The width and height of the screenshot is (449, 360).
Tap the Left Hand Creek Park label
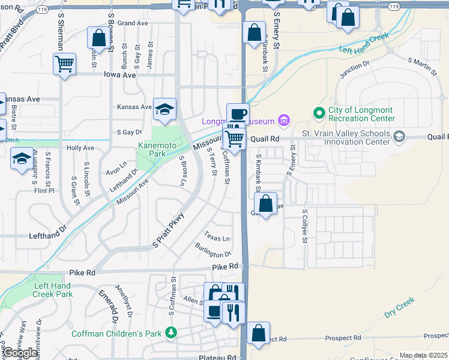pyautogui.click(x=53, y=290)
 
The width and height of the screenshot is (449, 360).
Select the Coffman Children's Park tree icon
pyautogui.click(x=172, y=332)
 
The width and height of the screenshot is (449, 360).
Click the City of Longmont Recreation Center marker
pyautogui.click(x=318, y=112)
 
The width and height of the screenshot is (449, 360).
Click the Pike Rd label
pyautogui.click(x=225, y=266)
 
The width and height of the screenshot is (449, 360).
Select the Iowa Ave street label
pyautogui.click(x=120, y=76)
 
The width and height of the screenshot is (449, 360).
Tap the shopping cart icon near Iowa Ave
pyautogui.click(x=64, y=63)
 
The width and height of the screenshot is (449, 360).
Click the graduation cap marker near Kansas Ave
pyautogui.click(x=164, y=109)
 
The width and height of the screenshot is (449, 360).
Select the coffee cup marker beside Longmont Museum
pyautogui.click(x=237, y=113)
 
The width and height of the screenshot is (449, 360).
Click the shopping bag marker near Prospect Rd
pyautogui.click(x=258, y=333)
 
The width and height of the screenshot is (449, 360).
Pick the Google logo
pyautogui.click(x=20, y=353)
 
